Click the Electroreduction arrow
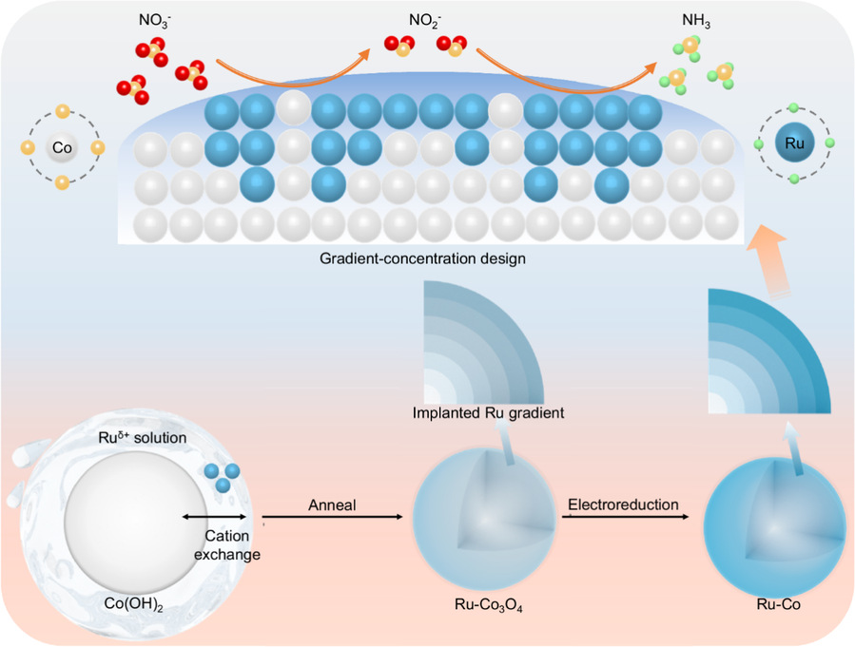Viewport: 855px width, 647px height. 622,517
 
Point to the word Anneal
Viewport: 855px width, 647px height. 332,504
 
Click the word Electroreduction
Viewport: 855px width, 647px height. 623,504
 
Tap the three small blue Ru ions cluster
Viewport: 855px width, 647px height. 221,477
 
